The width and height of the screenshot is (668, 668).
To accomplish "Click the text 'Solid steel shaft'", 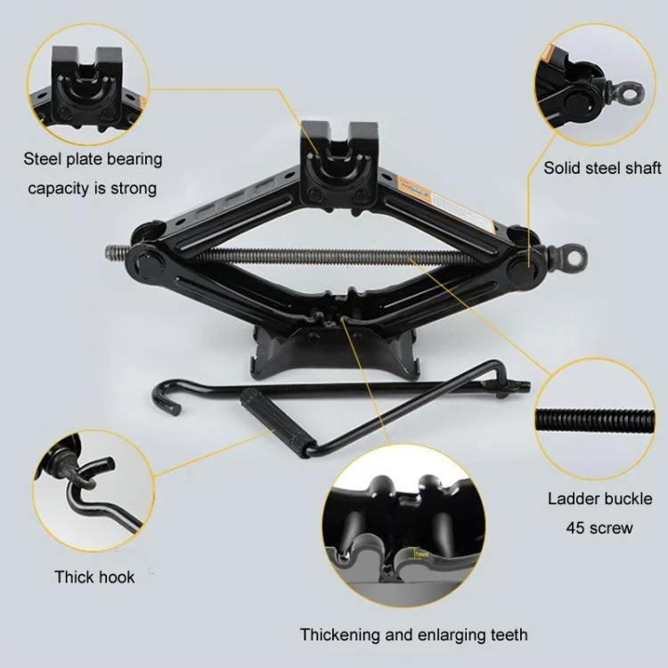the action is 602,167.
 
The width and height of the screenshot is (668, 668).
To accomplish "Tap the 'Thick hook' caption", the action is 94,577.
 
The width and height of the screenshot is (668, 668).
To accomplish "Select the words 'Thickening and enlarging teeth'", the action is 413,635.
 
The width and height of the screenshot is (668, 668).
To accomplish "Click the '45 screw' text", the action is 599,528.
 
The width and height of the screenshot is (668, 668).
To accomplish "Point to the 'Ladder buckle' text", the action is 599,499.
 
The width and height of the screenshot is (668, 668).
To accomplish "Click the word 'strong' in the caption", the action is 134,188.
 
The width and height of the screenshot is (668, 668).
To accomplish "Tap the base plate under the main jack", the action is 335,353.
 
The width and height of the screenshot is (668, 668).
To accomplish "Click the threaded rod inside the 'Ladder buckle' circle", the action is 595,420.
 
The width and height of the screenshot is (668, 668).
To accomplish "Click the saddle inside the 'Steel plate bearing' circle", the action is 87,87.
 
